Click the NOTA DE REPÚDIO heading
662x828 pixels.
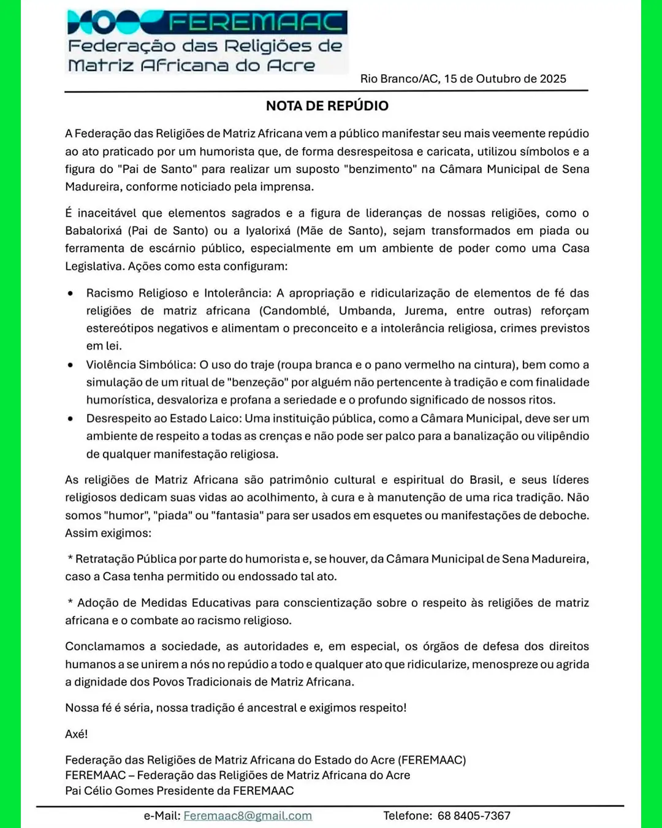(x=327, y=105)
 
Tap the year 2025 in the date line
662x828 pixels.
(x=553, y=79)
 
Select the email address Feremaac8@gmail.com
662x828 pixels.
(x=248, y=816)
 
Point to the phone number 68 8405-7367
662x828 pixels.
(x=474, y=816)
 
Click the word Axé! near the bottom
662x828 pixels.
(x=77, y=734)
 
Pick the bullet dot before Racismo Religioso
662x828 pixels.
(x=71, y=293)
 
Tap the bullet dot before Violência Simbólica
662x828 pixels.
(x=71, y=365)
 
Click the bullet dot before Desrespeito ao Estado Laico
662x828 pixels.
(x=71, y=418)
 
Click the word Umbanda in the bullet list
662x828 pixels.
(x=365, y=311)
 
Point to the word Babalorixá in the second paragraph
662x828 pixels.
(x=94, y=231)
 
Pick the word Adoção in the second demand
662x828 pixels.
(x=98, y=603)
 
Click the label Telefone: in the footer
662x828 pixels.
(x=408, y=816)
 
